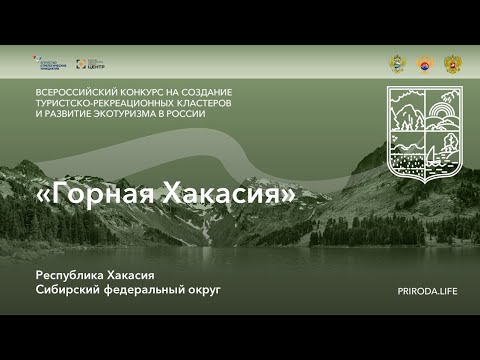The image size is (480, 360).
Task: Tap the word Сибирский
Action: point(69,290)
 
